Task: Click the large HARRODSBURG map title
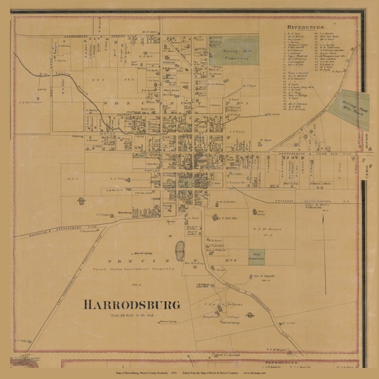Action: [132, 305]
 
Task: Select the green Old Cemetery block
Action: [257, 256]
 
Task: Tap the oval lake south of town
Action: [180, 251]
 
